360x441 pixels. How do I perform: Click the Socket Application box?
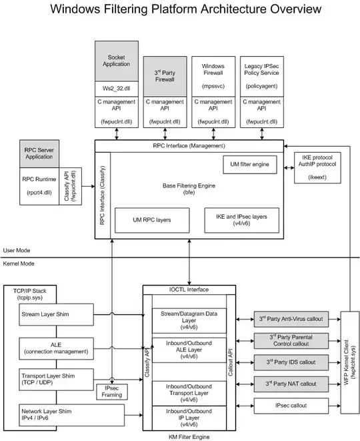(x=117, y=61)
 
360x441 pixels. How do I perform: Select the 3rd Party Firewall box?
(x=164, y=76)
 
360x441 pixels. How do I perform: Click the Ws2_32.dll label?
(x=117, y=87)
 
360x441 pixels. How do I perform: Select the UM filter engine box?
(x=249, y=163)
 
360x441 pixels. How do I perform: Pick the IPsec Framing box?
(x=112, y=392)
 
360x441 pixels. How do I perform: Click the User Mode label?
(x=18, y=251)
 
